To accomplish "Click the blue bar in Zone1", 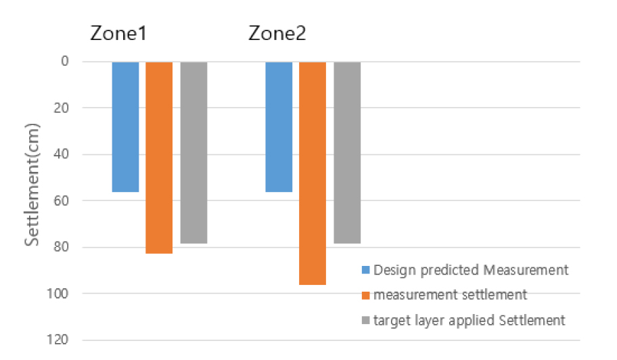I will (x=125, y=127).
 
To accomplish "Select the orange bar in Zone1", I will (x=159, y=157).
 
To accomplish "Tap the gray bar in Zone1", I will (x=193, y=152).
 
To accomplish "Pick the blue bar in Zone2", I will (x=279, y=127).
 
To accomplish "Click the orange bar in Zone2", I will (x=313, y=173).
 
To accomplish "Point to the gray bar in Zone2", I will (x=347, y=152).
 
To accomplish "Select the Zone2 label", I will (x=277, y=34).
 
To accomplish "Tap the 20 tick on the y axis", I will (x=62, y=108).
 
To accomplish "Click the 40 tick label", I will (x=62, y=155).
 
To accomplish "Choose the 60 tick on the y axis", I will (x=62, y=201).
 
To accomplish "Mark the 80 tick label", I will (x=62, y=248).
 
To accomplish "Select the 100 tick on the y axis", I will (x=59, y=294).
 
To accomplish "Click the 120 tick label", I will (x=59, y=340).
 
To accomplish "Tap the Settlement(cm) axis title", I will (x=32, y=184).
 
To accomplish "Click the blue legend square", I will (x=366, y=271).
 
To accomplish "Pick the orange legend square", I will (x=366, y=296).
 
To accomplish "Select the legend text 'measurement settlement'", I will (x=450, y=295).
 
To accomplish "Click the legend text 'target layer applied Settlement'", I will (x=469, y=320).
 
